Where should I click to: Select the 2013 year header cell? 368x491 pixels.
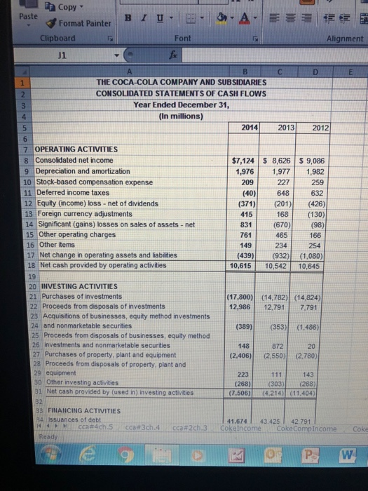coord(281,127)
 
